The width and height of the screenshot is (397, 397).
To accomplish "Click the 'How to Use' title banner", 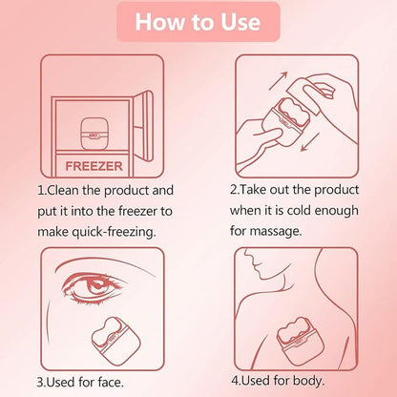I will coord(198,21).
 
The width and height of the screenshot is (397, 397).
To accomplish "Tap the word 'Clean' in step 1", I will coord(68,189).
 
